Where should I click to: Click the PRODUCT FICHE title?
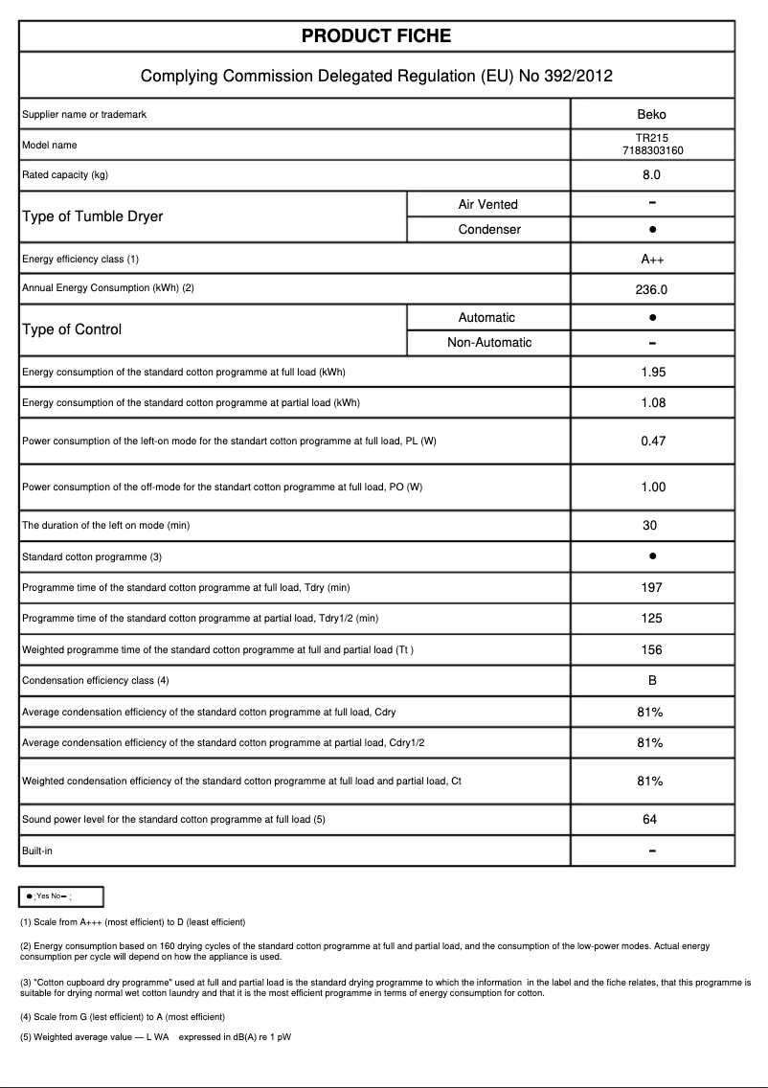point(376,36)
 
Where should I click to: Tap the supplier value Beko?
point(651,114)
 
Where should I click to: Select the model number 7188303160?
point(651,150)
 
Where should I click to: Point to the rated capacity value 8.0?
point(651,175)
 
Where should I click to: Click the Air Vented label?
point(487,204)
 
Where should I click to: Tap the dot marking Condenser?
point(651,230)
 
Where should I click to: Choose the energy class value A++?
point(651,260)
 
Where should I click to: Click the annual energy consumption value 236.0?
point(651,289)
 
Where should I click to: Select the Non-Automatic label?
point(489,343)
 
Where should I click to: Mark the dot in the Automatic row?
point(651,317)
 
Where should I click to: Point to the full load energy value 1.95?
point(652,373)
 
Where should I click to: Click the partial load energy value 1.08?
point(652,403)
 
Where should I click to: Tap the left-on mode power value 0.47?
point(652,442)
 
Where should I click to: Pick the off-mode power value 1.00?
point(652,487)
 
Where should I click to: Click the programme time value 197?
point(651,587)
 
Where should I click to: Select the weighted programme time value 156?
point(651,649)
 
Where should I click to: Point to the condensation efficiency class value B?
point(651,681)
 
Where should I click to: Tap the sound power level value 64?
point(650,820)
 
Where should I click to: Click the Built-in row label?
point(37,850)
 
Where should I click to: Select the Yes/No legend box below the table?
point(61,896)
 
